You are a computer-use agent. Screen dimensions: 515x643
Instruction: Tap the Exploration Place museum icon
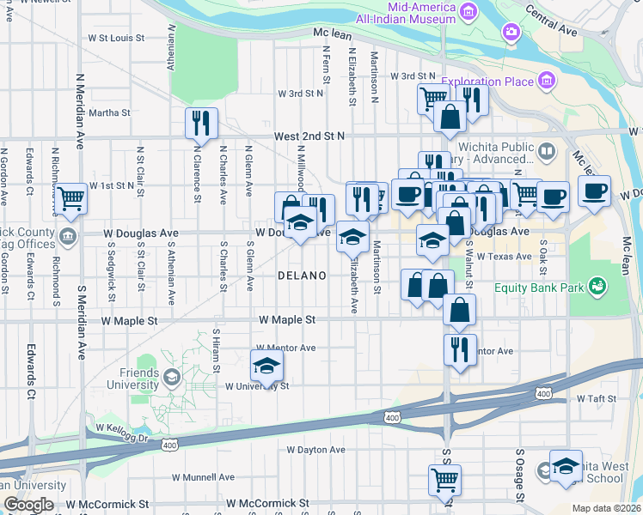point(546,82)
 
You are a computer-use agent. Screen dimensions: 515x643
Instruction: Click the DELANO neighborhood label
point(302,276)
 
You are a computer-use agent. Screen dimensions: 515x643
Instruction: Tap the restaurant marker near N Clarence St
point(201,124)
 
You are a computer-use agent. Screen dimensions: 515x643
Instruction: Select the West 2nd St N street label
point(309,136)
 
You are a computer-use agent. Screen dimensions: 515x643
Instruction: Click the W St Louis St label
point(116,38)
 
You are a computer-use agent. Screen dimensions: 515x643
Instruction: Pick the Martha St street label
point(109,112)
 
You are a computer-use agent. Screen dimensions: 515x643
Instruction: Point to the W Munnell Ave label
point(203,477)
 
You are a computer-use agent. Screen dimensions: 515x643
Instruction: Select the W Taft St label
point(592,399)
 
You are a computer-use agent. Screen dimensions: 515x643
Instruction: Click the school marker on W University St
point(266,367)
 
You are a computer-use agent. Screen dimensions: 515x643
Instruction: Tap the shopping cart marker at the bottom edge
point(444,481)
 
